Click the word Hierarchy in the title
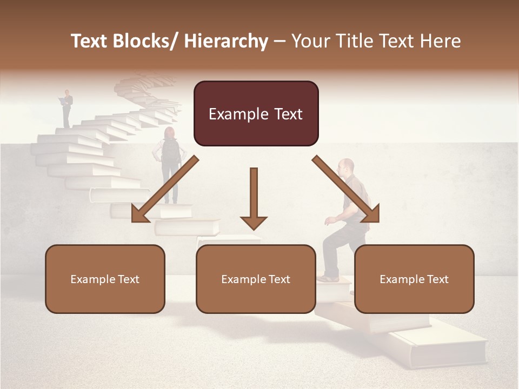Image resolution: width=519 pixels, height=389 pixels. tap(226, 41)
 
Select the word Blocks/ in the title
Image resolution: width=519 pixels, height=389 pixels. tap(147, 41)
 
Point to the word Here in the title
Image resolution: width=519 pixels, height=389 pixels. tap(440, 41)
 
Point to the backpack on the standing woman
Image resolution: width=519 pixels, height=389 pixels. tap(171, 151)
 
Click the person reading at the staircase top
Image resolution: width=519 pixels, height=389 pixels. tap(66, 108)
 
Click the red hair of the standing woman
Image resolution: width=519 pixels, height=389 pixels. tap(169, 132)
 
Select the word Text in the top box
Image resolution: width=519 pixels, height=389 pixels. tap(283, 114)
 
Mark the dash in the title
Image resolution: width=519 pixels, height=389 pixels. tap(280, 41)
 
